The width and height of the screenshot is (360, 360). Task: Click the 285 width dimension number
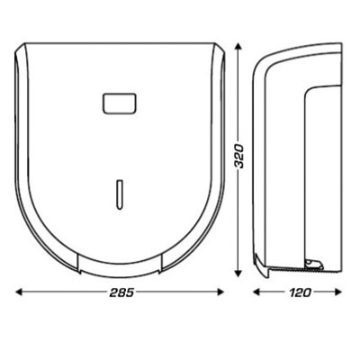pyautogui.click(x=121, y=292)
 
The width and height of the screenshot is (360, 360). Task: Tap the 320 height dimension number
pyautogui.click(x=239, y=162)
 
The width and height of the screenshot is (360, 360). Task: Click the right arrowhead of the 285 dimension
pyautogui.click(x=223, y=292)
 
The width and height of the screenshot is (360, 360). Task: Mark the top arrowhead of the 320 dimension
pyautogui.click(x=239, y=48)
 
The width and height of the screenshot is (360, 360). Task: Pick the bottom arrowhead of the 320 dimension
pyautogui.click(x=239, y=275)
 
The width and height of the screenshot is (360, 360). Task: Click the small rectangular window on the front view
pyautogui.click(x=120, y=103)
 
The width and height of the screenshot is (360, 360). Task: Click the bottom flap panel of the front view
pyautogui.click(x=120, y=263)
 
